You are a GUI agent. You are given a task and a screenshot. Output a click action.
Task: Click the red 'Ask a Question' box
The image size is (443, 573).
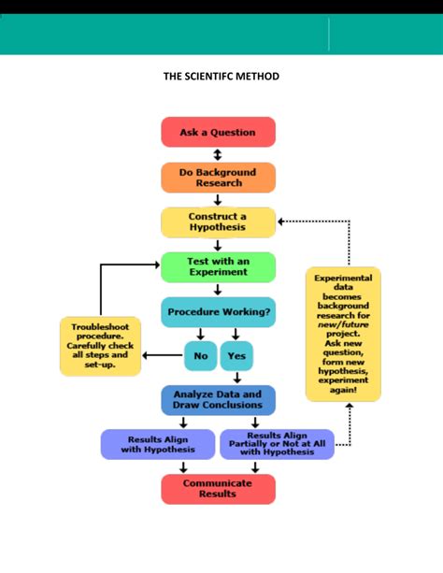pyautogui.click(x=218, y=132)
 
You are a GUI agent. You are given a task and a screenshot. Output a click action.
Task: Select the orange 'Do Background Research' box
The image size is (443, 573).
pyautogui.click(x=218, y=177)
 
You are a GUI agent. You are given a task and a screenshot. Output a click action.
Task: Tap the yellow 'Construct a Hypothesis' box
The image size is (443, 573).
pyautogui.click(x=218, y=222)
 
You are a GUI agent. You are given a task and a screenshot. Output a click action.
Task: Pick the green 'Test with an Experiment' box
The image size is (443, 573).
pyautogui.click(x=218, y=266)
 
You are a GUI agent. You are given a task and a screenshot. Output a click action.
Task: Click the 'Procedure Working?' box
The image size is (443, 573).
pyautogui.click(x=218, y=311)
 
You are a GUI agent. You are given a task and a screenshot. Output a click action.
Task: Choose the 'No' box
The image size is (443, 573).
pyautogui.click(x=200, y=355)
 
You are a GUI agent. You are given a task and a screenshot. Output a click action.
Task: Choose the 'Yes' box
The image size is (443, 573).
pyautogui.click(x=236, y=355)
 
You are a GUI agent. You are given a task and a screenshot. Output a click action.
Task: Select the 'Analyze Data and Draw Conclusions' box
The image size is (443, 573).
pyautogui.click(x=218, y=400)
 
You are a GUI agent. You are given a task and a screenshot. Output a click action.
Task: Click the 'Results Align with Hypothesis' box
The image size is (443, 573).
pyautogui.click(x=157, y=444)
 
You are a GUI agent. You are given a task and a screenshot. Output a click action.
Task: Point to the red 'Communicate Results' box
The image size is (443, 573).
pyautogui.click(x=218, y=489)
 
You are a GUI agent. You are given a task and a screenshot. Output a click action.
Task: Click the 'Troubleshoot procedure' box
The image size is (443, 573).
pyautogui.click(x=100, y=346)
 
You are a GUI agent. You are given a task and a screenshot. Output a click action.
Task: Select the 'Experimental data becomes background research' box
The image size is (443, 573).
pyautogui.click(x=343, y=333)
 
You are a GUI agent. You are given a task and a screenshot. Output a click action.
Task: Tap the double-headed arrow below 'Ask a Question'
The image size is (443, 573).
pyautogui.click(x=218, y=154)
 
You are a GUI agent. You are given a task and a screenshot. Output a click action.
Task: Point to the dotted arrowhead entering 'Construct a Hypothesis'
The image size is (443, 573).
pyautogui.click(x=281, y=222)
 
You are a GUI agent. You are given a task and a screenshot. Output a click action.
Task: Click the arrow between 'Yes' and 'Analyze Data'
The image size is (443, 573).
pyautogui.click(x=236, y=378)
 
